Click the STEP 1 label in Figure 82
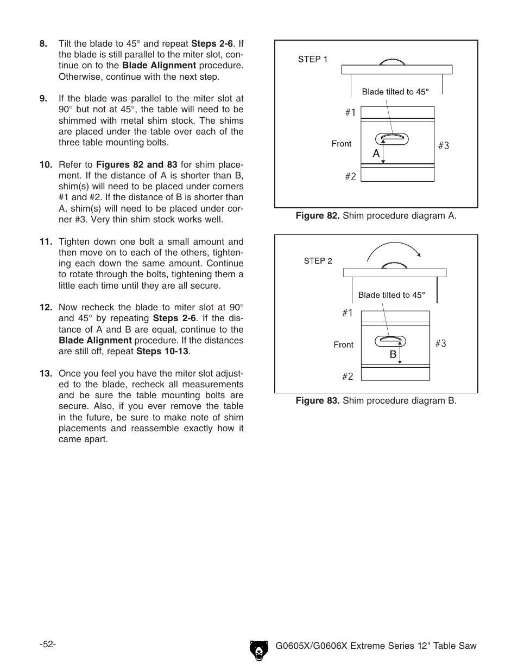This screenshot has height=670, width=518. click(313, 60)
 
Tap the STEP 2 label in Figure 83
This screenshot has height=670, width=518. click(318, 261)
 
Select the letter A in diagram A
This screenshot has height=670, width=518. click(376, 154)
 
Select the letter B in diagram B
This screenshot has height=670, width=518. click(392, 355)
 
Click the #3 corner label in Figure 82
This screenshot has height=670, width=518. click(444, 145)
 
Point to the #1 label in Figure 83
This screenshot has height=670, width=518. click(348, 313)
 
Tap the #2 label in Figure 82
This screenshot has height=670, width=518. click(351, 176)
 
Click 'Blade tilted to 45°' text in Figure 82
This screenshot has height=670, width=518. click(395, 92)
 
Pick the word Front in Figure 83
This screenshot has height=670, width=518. click(343, 344)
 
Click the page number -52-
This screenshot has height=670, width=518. click(48, 644)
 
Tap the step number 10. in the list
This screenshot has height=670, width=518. click(46, 165)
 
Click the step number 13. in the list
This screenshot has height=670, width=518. click(46, 373)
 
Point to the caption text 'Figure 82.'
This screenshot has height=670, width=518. click(318, 216)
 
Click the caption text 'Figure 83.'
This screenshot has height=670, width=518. click(318, 401)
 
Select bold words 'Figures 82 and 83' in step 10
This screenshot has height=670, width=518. click(137, 165)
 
